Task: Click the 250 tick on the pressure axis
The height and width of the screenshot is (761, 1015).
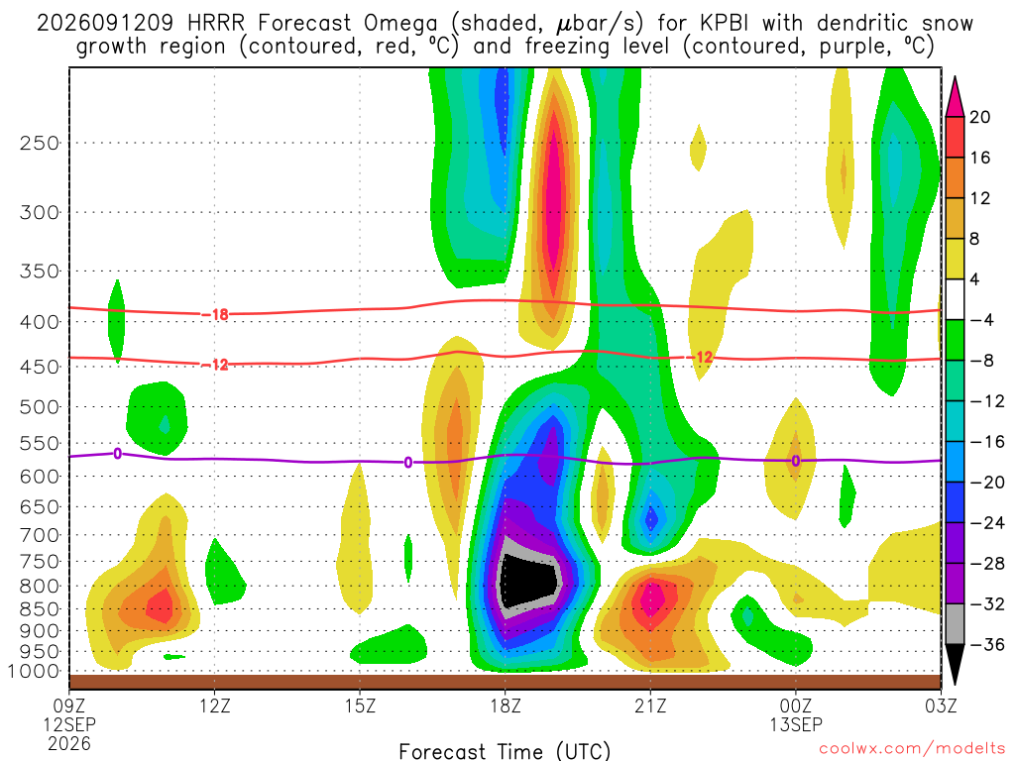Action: [x=40, y=143]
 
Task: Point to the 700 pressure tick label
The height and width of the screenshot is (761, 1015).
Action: [x=40, y=535]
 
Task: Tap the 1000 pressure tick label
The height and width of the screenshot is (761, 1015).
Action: [x=35, y=672]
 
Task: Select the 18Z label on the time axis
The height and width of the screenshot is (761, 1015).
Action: [x=506, y=706]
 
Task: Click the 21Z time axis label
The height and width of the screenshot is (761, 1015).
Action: [x=650, y=706]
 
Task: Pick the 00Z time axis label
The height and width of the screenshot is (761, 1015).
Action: [x=796, y=706]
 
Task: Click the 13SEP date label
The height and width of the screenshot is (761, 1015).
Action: [x=796, y=724]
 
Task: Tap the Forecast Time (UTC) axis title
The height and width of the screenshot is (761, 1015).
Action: [x=505, y=751]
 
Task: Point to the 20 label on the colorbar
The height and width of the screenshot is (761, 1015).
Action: [x=980, y=117]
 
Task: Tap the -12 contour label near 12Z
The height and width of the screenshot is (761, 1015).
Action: [x=215, y=365]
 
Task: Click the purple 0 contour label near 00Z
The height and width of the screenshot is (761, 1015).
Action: [x=796, y=461]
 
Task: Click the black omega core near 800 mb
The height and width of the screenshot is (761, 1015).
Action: [x=528, y=580]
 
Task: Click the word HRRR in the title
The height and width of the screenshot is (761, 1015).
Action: [x=215, y=24]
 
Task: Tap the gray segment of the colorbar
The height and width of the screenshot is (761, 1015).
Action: [x=955, y=624]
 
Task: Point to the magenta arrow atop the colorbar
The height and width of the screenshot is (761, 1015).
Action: [x=955, y=97]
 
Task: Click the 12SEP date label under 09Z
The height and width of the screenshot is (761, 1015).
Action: [x=69, y=724]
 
